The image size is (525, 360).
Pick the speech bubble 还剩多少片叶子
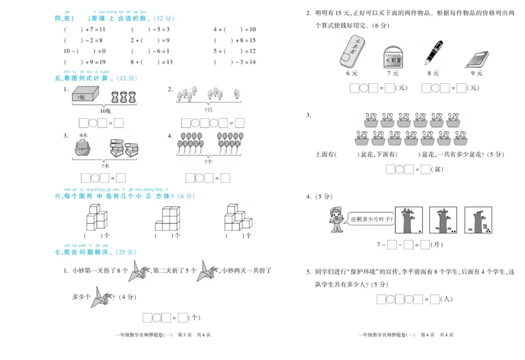[371, 218]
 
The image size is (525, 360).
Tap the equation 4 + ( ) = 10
[234, 30]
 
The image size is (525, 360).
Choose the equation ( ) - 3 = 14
[234, 62]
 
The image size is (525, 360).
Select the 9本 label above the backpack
[83, 136]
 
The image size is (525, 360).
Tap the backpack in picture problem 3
[84, 149]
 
